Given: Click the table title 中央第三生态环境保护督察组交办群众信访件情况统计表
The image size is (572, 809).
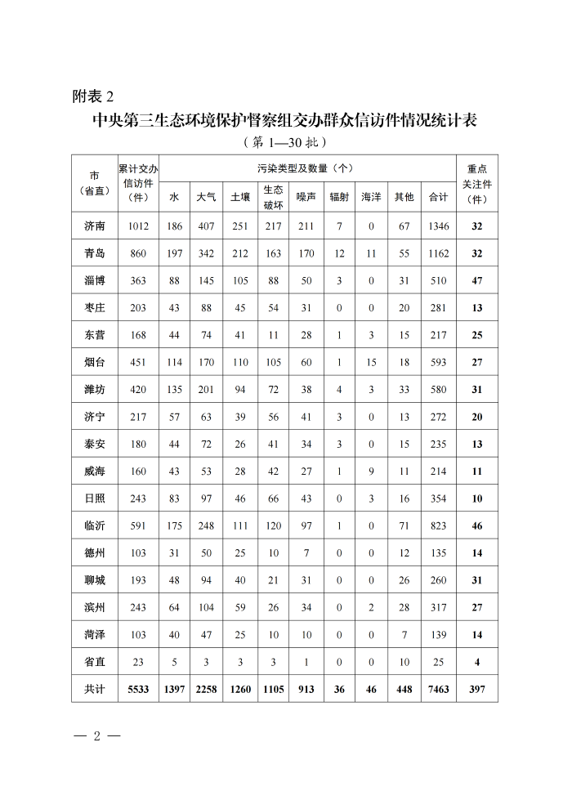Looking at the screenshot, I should pyautogui.click(x=284, y=120).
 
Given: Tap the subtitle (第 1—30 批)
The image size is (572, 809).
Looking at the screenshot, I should pyautogui.click(x=285, y=142).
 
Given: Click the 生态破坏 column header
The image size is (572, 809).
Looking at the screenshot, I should pyautogui.click(x=273, y=197).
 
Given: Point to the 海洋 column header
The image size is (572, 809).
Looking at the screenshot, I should pyautogui.click(x=371, y=197).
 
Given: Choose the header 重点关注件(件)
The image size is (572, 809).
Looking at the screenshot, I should pyautogui.click(x=477, y=184).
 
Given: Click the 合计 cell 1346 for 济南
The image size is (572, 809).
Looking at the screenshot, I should pyautogui.click(x=439, y=226).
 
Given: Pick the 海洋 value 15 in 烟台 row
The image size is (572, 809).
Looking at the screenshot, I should pyautogui.click(x=371, y=362).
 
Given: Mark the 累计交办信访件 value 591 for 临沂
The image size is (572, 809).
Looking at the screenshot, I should pyautogui.click(x=138, y=526).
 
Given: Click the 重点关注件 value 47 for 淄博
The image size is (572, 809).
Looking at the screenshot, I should pyautogui.click(x=477, y=281).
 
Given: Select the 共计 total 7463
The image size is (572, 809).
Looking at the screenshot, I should pyautogui.click(x=439, y=689).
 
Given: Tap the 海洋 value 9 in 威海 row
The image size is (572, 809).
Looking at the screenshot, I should pyautogui.click(x=371, y=472).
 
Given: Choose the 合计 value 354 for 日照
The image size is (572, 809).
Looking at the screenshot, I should pyautogui.click(x=439, y=498).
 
